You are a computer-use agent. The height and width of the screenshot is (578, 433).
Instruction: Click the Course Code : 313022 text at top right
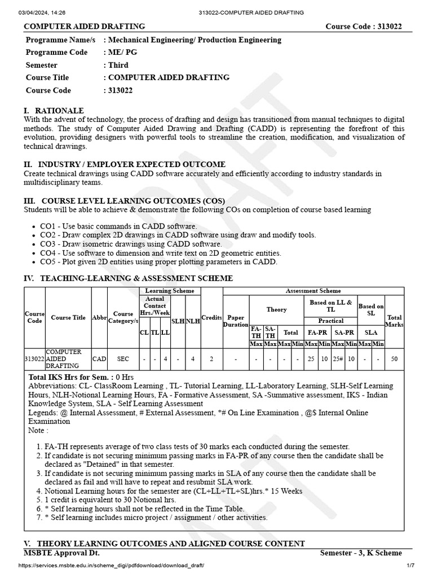tap(364, 27)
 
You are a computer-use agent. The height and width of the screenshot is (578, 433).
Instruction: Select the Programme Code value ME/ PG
tap(122, 52)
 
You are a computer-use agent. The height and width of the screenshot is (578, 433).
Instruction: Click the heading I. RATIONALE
tap(54, 111)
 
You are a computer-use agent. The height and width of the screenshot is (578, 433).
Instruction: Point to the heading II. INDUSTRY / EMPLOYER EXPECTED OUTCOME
tap(125, 164)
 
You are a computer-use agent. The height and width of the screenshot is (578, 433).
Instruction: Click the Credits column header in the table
tap(212, 317)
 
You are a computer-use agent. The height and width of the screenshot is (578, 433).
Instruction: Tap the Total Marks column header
tap(394, 321)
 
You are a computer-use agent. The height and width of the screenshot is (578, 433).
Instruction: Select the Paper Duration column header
tap(236, 321)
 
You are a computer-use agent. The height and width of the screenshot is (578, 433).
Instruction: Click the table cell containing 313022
tap(34, 358)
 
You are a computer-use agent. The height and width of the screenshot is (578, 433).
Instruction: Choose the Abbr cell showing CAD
tap(99, 358)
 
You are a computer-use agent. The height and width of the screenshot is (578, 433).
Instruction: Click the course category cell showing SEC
tap(123, 358)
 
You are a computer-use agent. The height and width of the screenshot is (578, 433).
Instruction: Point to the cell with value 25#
tap(338, 358)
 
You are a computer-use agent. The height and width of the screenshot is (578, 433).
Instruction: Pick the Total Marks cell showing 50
tap(394, 358)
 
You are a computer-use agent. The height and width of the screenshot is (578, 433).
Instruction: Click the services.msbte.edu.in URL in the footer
tap(108, 566)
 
